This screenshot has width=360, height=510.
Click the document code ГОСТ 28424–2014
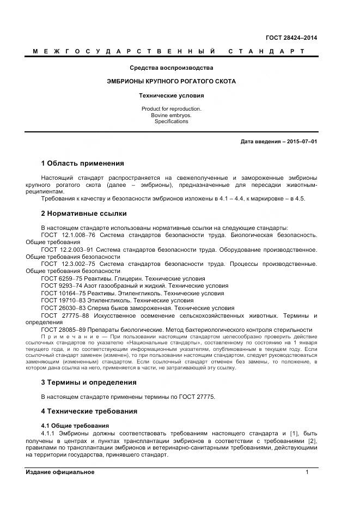coord(291,38)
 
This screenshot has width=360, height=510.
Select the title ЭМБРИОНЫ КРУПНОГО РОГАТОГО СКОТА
coord(171,81)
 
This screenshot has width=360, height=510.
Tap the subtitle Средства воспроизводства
coord(171,68)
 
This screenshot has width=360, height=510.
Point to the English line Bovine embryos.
coord(171,115)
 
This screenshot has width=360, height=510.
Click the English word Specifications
coord(171,122)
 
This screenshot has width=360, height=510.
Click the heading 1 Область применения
coord(82,163)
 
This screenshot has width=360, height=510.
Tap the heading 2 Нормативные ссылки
coord(84,214)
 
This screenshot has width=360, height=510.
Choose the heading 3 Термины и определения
coord(89,382)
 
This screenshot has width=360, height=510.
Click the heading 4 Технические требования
coord(89,411)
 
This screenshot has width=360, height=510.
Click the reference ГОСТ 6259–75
coord(62,278)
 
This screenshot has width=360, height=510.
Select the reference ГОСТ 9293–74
coord(62,286)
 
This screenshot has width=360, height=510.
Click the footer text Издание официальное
coord(60,472)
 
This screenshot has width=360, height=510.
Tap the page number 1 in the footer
coord(307,472)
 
